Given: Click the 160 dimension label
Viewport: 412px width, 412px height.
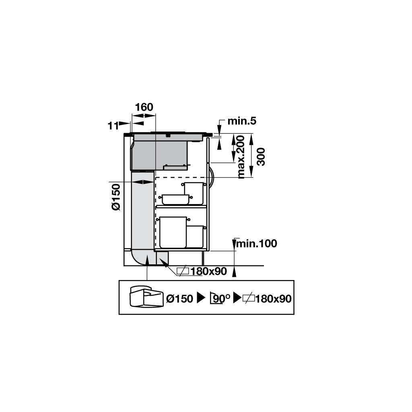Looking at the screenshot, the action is (144, 107).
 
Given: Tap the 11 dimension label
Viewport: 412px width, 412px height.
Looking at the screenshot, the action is (113, 126).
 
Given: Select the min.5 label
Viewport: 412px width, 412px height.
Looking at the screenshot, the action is (242, 121).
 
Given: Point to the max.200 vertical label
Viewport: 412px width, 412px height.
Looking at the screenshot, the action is (241, 157).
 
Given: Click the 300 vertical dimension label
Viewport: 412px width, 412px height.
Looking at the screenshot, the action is (261, 157).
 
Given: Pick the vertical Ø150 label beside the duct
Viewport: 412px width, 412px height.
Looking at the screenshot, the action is (116, 197).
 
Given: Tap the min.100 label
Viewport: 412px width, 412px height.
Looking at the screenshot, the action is (257, 243).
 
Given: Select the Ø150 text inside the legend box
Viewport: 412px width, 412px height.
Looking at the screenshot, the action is (180, 299).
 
